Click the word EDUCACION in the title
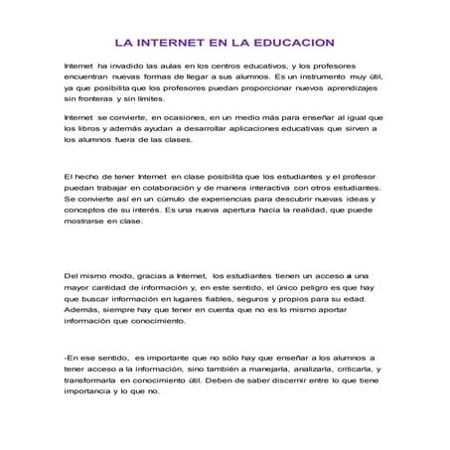click(288, 43)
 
